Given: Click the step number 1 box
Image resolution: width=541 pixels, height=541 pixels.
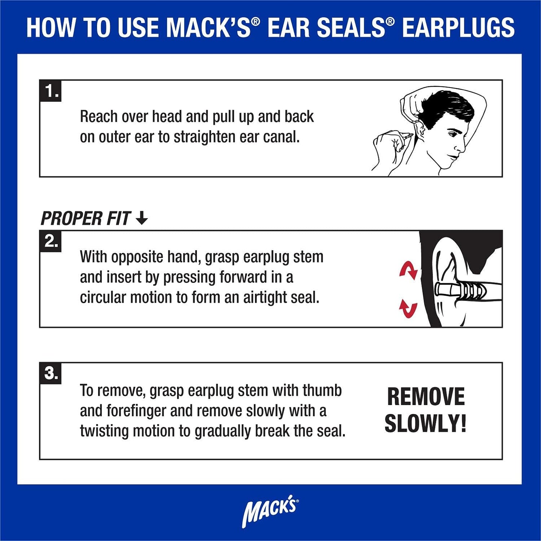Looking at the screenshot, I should (x=50, y=91).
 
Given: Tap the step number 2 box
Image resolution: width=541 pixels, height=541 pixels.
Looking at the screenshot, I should (x=50, y=241).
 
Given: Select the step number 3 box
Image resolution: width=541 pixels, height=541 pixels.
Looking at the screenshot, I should (x=50, y=373).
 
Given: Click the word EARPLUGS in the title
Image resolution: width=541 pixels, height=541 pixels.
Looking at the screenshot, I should (x=458, y=28).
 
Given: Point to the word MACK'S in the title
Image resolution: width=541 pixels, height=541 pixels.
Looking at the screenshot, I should (x=208, y=28).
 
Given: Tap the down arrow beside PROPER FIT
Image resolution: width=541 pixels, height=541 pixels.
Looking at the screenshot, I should (x=142, y=218).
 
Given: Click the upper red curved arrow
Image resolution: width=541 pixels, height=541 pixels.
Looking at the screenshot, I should (x=408, y=270).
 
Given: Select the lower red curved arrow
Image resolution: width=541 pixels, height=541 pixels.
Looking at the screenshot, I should (x=408, y=308).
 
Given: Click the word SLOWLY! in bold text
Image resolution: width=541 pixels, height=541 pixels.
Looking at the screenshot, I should (x=425, y=424).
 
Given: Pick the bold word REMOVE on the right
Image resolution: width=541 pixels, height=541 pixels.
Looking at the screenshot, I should (x=426, y=397).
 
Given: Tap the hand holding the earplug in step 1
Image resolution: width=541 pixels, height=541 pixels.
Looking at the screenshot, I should (x=389, y=142).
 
